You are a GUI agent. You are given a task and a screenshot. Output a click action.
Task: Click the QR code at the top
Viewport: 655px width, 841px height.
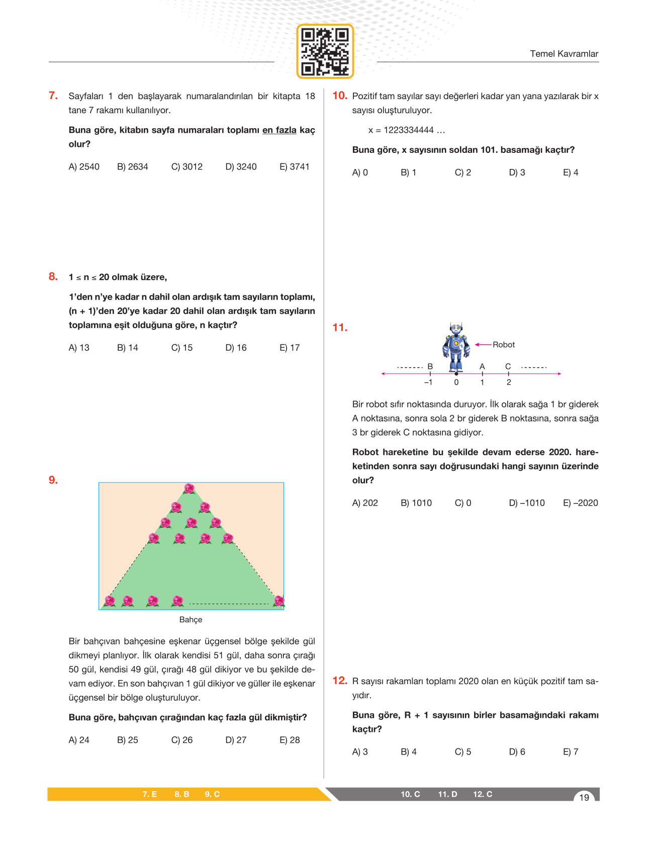325,51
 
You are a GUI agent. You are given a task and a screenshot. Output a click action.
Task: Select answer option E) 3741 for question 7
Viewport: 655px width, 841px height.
294,166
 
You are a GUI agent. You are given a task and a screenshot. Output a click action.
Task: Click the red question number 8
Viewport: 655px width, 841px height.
53,277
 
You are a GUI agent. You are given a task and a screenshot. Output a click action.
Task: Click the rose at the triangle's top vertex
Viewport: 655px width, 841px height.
189,488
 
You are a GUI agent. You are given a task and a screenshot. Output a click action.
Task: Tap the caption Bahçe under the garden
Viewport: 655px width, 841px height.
191,620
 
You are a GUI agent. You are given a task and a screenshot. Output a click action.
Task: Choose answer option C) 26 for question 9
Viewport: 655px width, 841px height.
181,740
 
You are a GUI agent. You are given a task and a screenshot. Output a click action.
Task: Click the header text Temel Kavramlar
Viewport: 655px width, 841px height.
564,54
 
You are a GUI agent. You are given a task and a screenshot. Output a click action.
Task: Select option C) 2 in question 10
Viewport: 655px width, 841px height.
462,173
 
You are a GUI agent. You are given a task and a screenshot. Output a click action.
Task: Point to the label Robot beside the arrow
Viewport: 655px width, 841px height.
504,345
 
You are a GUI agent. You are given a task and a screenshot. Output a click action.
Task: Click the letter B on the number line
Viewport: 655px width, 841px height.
430,367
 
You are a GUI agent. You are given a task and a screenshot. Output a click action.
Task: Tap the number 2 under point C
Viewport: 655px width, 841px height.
509,382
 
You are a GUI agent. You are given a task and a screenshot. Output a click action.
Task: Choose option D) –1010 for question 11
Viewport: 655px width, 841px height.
526,503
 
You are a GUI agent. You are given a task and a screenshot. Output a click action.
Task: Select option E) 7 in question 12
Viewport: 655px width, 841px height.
571,752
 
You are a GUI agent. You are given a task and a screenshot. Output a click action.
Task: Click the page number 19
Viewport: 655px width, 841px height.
584,797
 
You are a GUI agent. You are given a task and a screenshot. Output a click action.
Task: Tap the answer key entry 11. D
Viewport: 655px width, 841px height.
447,794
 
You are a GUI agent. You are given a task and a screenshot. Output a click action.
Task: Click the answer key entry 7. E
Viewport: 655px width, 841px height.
149,794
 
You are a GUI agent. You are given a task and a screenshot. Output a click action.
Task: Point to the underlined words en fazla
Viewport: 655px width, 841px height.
279,130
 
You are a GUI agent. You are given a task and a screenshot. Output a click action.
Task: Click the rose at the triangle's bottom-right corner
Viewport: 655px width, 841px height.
279,601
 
